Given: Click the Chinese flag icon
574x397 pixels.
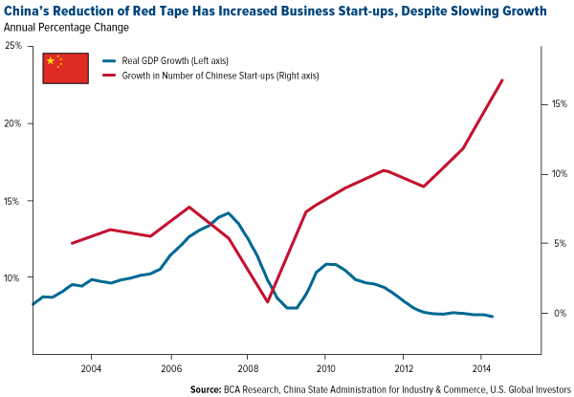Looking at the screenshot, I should tap(66, 67).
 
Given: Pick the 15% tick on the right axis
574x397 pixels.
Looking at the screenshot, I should tap(556, 104).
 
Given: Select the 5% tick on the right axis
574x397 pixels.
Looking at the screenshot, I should tap(558, 244).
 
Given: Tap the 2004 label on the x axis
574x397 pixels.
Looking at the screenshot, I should tap(92, 367).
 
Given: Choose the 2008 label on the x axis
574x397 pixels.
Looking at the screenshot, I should tap(247, 367).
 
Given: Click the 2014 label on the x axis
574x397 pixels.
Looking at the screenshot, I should tap(480, 367).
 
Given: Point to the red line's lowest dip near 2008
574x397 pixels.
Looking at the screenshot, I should tap(268, 302).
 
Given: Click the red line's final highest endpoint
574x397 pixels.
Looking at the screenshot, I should tap(503, 79).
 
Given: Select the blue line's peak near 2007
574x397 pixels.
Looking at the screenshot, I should tap(228, 213).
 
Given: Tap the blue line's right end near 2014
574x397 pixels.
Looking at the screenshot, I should tap(493, 317).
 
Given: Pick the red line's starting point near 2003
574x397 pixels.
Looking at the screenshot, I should tap(72, 243).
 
